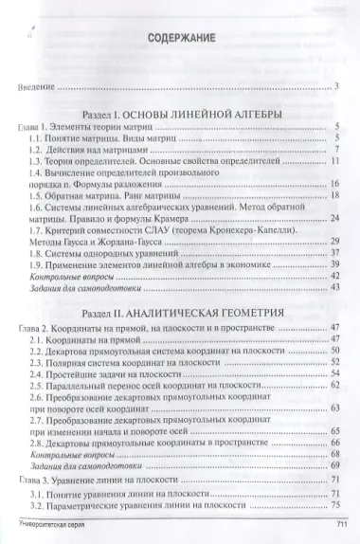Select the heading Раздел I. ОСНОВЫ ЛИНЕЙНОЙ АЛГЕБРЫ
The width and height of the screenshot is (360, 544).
coord(180,113)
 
